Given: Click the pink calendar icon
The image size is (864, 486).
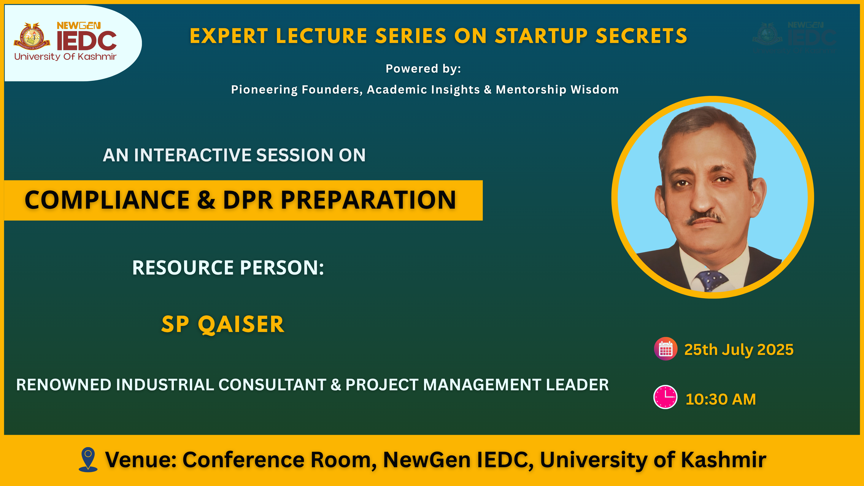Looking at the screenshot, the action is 665,349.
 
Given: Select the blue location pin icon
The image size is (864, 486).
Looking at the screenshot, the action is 88,459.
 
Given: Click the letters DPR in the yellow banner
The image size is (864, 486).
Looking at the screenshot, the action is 248,200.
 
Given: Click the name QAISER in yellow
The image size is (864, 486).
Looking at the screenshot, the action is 241,325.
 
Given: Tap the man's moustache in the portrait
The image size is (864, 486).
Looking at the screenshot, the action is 705,218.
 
